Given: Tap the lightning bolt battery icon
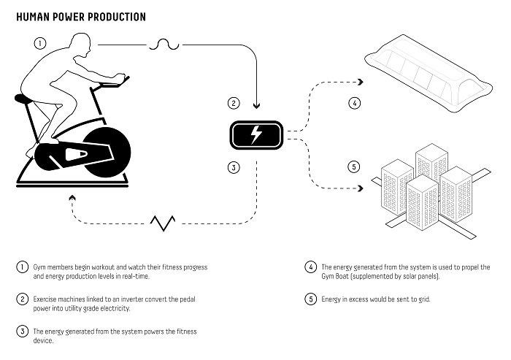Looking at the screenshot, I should (255, 134).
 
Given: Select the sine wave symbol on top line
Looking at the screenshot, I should (164, 45).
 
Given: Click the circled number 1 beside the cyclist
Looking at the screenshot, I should (41, 42).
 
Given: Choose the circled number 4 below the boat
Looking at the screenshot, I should (354, 103).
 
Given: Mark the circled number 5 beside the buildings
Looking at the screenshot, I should (354, 167).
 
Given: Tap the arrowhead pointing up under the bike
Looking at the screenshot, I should (71, 196).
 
